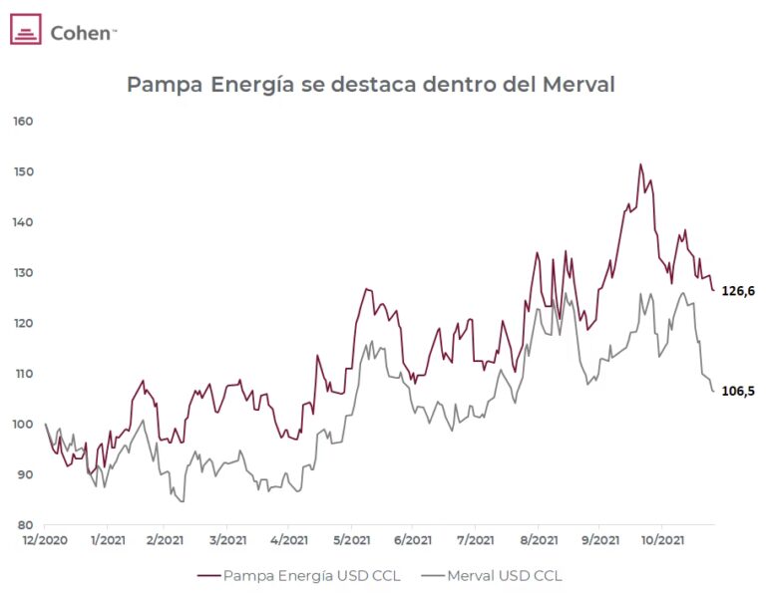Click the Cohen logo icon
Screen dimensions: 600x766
click(x=25, y=30)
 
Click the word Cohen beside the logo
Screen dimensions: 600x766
click(x=83, y=32)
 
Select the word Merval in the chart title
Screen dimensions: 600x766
click(x=578, y=85)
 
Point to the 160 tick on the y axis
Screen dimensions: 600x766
click(x=23, y=122)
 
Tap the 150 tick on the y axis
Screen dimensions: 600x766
click(x=23, y=172)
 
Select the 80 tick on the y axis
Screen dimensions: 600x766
click(x=26, y=525)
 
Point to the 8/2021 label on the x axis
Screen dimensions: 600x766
click(x=537, y=540)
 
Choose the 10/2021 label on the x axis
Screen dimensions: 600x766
click(x=661, y=540)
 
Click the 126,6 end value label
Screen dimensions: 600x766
click(x=738, y=291)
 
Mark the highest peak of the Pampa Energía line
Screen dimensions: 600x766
click(x=640, y=165)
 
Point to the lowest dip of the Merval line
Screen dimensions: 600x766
click(x=182, y=501)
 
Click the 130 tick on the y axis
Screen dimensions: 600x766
click(x=23, y=273)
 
